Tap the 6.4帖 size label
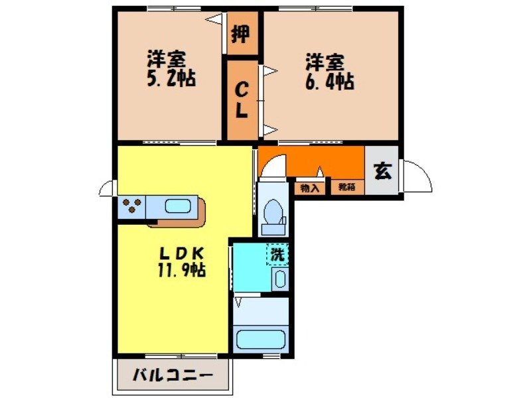(330, 82)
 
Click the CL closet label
(242, 100)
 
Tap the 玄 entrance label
(383, 170)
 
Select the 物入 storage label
(310, 188)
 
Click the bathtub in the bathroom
(261, 340)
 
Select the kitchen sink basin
(177, 206)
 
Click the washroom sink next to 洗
(280, 279)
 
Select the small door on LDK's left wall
(106, 189)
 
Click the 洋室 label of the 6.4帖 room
(325, 64)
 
